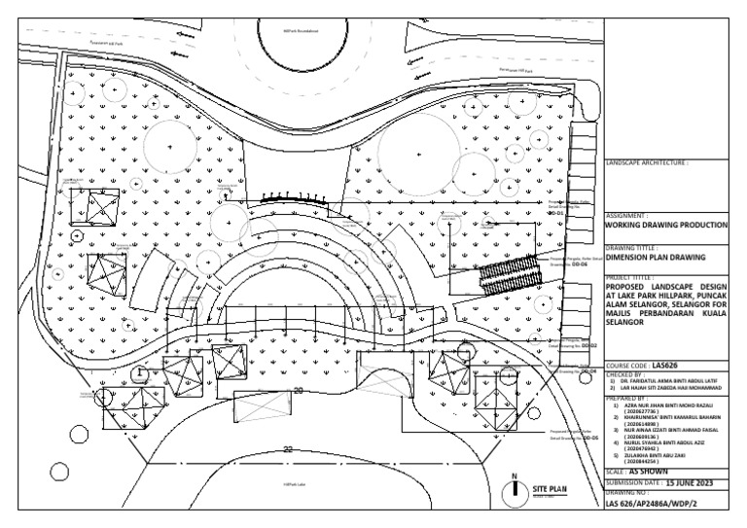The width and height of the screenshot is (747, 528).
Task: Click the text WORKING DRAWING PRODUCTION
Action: [665, 224]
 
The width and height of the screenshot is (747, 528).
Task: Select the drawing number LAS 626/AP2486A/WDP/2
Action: [651, 505]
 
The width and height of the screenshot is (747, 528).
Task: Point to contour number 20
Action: [298, 390]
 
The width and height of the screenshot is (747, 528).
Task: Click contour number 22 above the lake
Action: [288, 448]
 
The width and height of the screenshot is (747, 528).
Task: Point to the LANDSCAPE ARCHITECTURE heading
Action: [647, 163]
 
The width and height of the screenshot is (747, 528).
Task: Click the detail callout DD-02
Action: [588, 344]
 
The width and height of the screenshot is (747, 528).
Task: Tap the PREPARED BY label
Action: [627, 397]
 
